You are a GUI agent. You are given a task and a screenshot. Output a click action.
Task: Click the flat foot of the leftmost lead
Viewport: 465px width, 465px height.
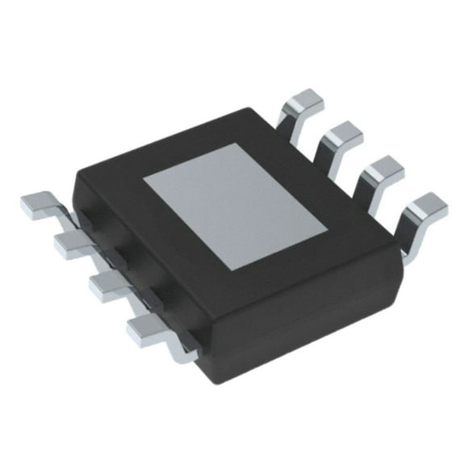36,206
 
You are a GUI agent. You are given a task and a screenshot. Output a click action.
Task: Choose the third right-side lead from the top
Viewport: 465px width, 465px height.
380,170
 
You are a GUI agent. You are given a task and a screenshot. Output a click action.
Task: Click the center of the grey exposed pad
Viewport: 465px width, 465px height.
235,206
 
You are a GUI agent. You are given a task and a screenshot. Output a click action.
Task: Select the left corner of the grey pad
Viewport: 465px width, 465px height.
145,182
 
